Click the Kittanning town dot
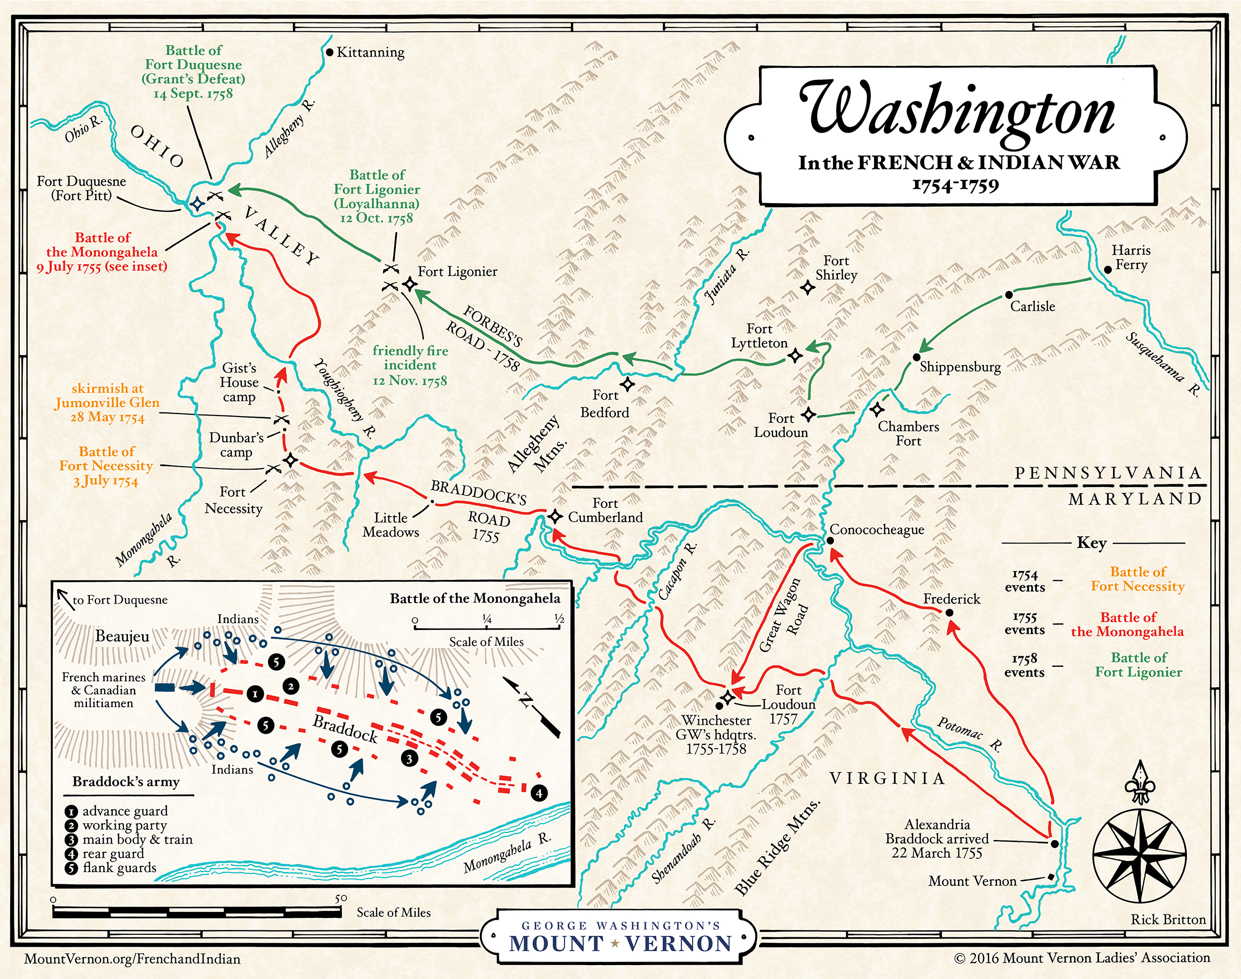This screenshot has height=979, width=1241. [x=330, y=52]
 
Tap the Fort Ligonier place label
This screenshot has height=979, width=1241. [x=457, y=272]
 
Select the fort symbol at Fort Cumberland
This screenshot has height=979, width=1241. [x=554, y=516]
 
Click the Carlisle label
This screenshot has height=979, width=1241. [x=1032, y=307]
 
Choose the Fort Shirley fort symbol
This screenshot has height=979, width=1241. [x=808, y=287]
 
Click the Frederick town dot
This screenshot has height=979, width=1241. [x=949, y=613]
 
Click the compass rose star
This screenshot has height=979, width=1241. [x=1139, y=852]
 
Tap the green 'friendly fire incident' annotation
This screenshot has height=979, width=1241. [x=410, y=365]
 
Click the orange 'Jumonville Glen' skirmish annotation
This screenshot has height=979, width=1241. [x=107, y=403]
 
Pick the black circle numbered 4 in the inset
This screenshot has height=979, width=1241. [x=539, y=793]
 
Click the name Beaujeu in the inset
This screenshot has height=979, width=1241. [x=122, y=636]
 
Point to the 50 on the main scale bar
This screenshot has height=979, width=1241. [x=341, y=898]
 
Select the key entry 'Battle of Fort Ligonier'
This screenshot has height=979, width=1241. [x=1138, y=665]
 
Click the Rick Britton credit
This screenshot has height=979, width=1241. [x=1168, y=919]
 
